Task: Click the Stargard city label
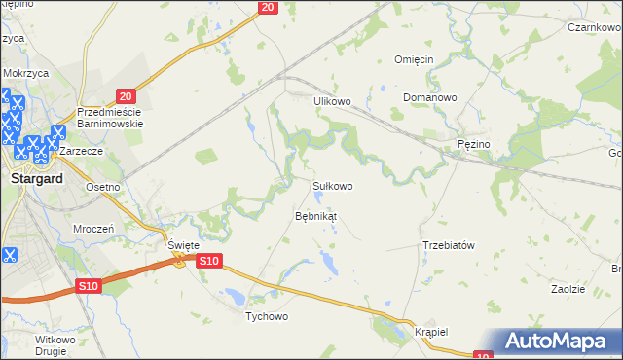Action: click(x=36, y=179)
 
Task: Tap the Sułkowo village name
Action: click(x=332, y=185)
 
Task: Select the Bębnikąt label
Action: click(x=315, y=215)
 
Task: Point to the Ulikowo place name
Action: click(x=331, y=101)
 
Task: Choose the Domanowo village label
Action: click(x=429, y=98)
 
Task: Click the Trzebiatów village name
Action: click(x=448, y=245)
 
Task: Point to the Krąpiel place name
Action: click(x=430, y=331)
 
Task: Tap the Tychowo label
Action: click(x=268, y=316)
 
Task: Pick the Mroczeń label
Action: click(x=94, y=228)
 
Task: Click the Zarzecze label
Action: click(x=82, y=153)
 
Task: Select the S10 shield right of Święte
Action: click(x=210, y=261)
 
